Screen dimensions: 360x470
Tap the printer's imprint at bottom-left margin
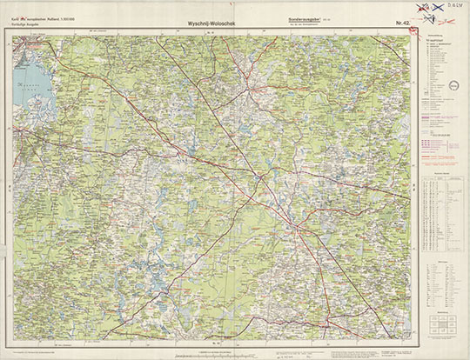(35, 351)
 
